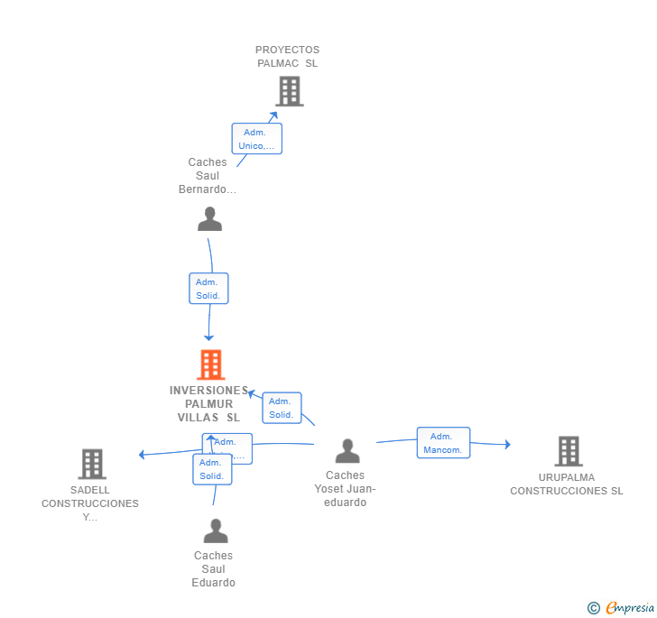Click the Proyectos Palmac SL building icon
point(289,91)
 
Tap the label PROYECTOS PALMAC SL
point(287,57)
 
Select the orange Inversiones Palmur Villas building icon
point(210,364)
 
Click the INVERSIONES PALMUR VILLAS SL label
point(208,404)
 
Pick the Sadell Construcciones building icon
point(92,464)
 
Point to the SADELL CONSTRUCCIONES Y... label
point(90,503)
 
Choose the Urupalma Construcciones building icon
point(568,450)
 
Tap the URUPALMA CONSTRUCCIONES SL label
point(567,484)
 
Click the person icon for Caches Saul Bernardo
point(209,219)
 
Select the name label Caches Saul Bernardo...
point(208,176)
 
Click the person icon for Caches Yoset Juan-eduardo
point(347,450)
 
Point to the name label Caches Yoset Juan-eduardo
point(346,489)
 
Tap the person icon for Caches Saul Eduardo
point(216,530)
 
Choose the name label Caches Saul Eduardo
point(214,569)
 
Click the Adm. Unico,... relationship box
point(257,139)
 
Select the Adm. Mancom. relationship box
point(443,443)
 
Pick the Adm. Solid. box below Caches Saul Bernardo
point(208,289)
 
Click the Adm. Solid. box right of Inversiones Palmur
point(282,408)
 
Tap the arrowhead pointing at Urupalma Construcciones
point(507,444)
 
